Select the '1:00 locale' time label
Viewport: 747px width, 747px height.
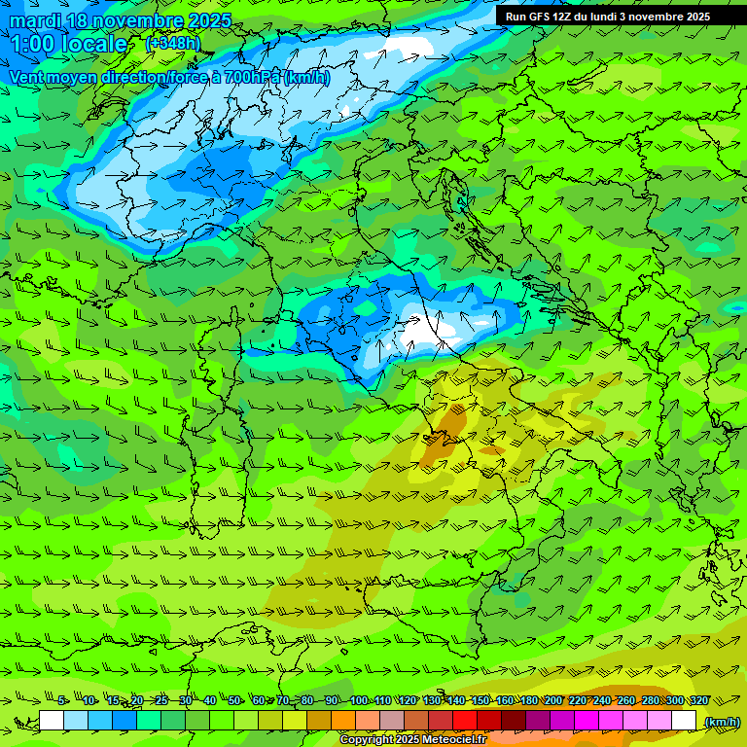pos(69,44)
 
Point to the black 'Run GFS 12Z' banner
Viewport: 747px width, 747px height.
pos(607,17)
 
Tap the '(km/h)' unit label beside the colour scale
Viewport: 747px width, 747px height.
pos(721,722)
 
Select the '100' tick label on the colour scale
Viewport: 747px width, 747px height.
pos(359,700)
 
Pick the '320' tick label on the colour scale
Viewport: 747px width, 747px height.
pos(699,700)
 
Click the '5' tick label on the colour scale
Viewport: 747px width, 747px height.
pos(61,700)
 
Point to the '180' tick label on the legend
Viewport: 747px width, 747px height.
pos(529,700)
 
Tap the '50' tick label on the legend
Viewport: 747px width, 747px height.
pos(234,700)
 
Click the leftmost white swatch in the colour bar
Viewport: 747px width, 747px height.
pos(52,721)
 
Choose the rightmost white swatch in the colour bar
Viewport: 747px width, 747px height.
pos(684,721)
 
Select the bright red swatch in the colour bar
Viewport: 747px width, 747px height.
pos(465,721)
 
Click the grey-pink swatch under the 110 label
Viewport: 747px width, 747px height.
pos(392,721)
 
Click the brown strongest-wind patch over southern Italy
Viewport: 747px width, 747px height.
pos(447,428)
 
